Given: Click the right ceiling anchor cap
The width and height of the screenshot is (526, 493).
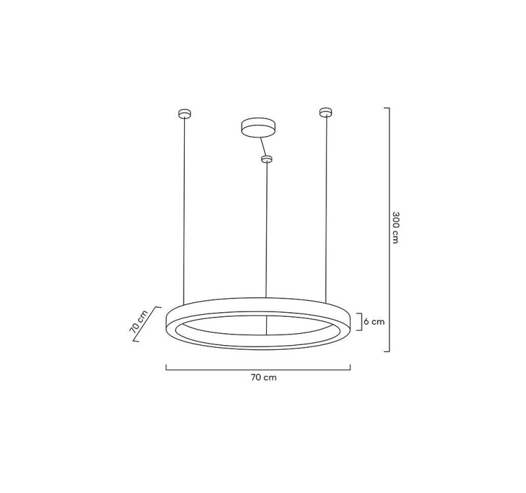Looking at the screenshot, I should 323,112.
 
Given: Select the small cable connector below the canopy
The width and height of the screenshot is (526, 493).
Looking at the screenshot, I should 266,158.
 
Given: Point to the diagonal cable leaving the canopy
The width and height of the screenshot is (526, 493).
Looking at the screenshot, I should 261,145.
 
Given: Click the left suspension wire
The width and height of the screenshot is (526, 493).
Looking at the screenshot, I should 184,210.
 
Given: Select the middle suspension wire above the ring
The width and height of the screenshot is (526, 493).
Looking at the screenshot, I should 266,230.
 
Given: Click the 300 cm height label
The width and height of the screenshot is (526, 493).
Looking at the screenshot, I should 395,227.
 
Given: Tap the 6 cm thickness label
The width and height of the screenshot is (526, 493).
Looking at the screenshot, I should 374,321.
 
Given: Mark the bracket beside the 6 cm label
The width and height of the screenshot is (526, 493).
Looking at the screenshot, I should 358,321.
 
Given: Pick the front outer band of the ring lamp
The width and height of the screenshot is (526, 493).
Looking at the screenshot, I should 263,343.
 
